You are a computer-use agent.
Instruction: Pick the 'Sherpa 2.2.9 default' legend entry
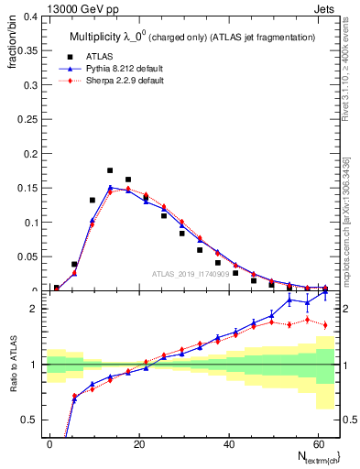pos(136,81)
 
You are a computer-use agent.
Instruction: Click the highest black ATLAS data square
pos(110,170)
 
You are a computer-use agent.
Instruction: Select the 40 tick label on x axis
pos(228,442)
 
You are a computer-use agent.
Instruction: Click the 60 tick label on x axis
pos(317,442)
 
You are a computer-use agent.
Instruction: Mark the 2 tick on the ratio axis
pos(34,308)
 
